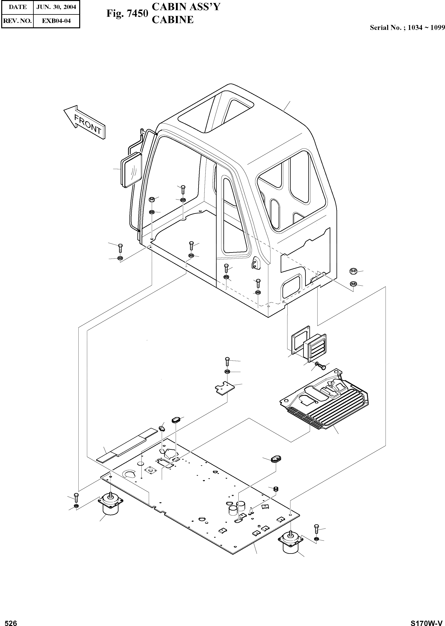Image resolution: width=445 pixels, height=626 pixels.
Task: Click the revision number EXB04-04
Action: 56,21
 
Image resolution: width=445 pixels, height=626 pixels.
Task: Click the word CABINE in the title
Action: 173,20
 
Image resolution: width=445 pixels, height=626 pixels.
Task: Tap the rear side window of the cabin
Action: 292,192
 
